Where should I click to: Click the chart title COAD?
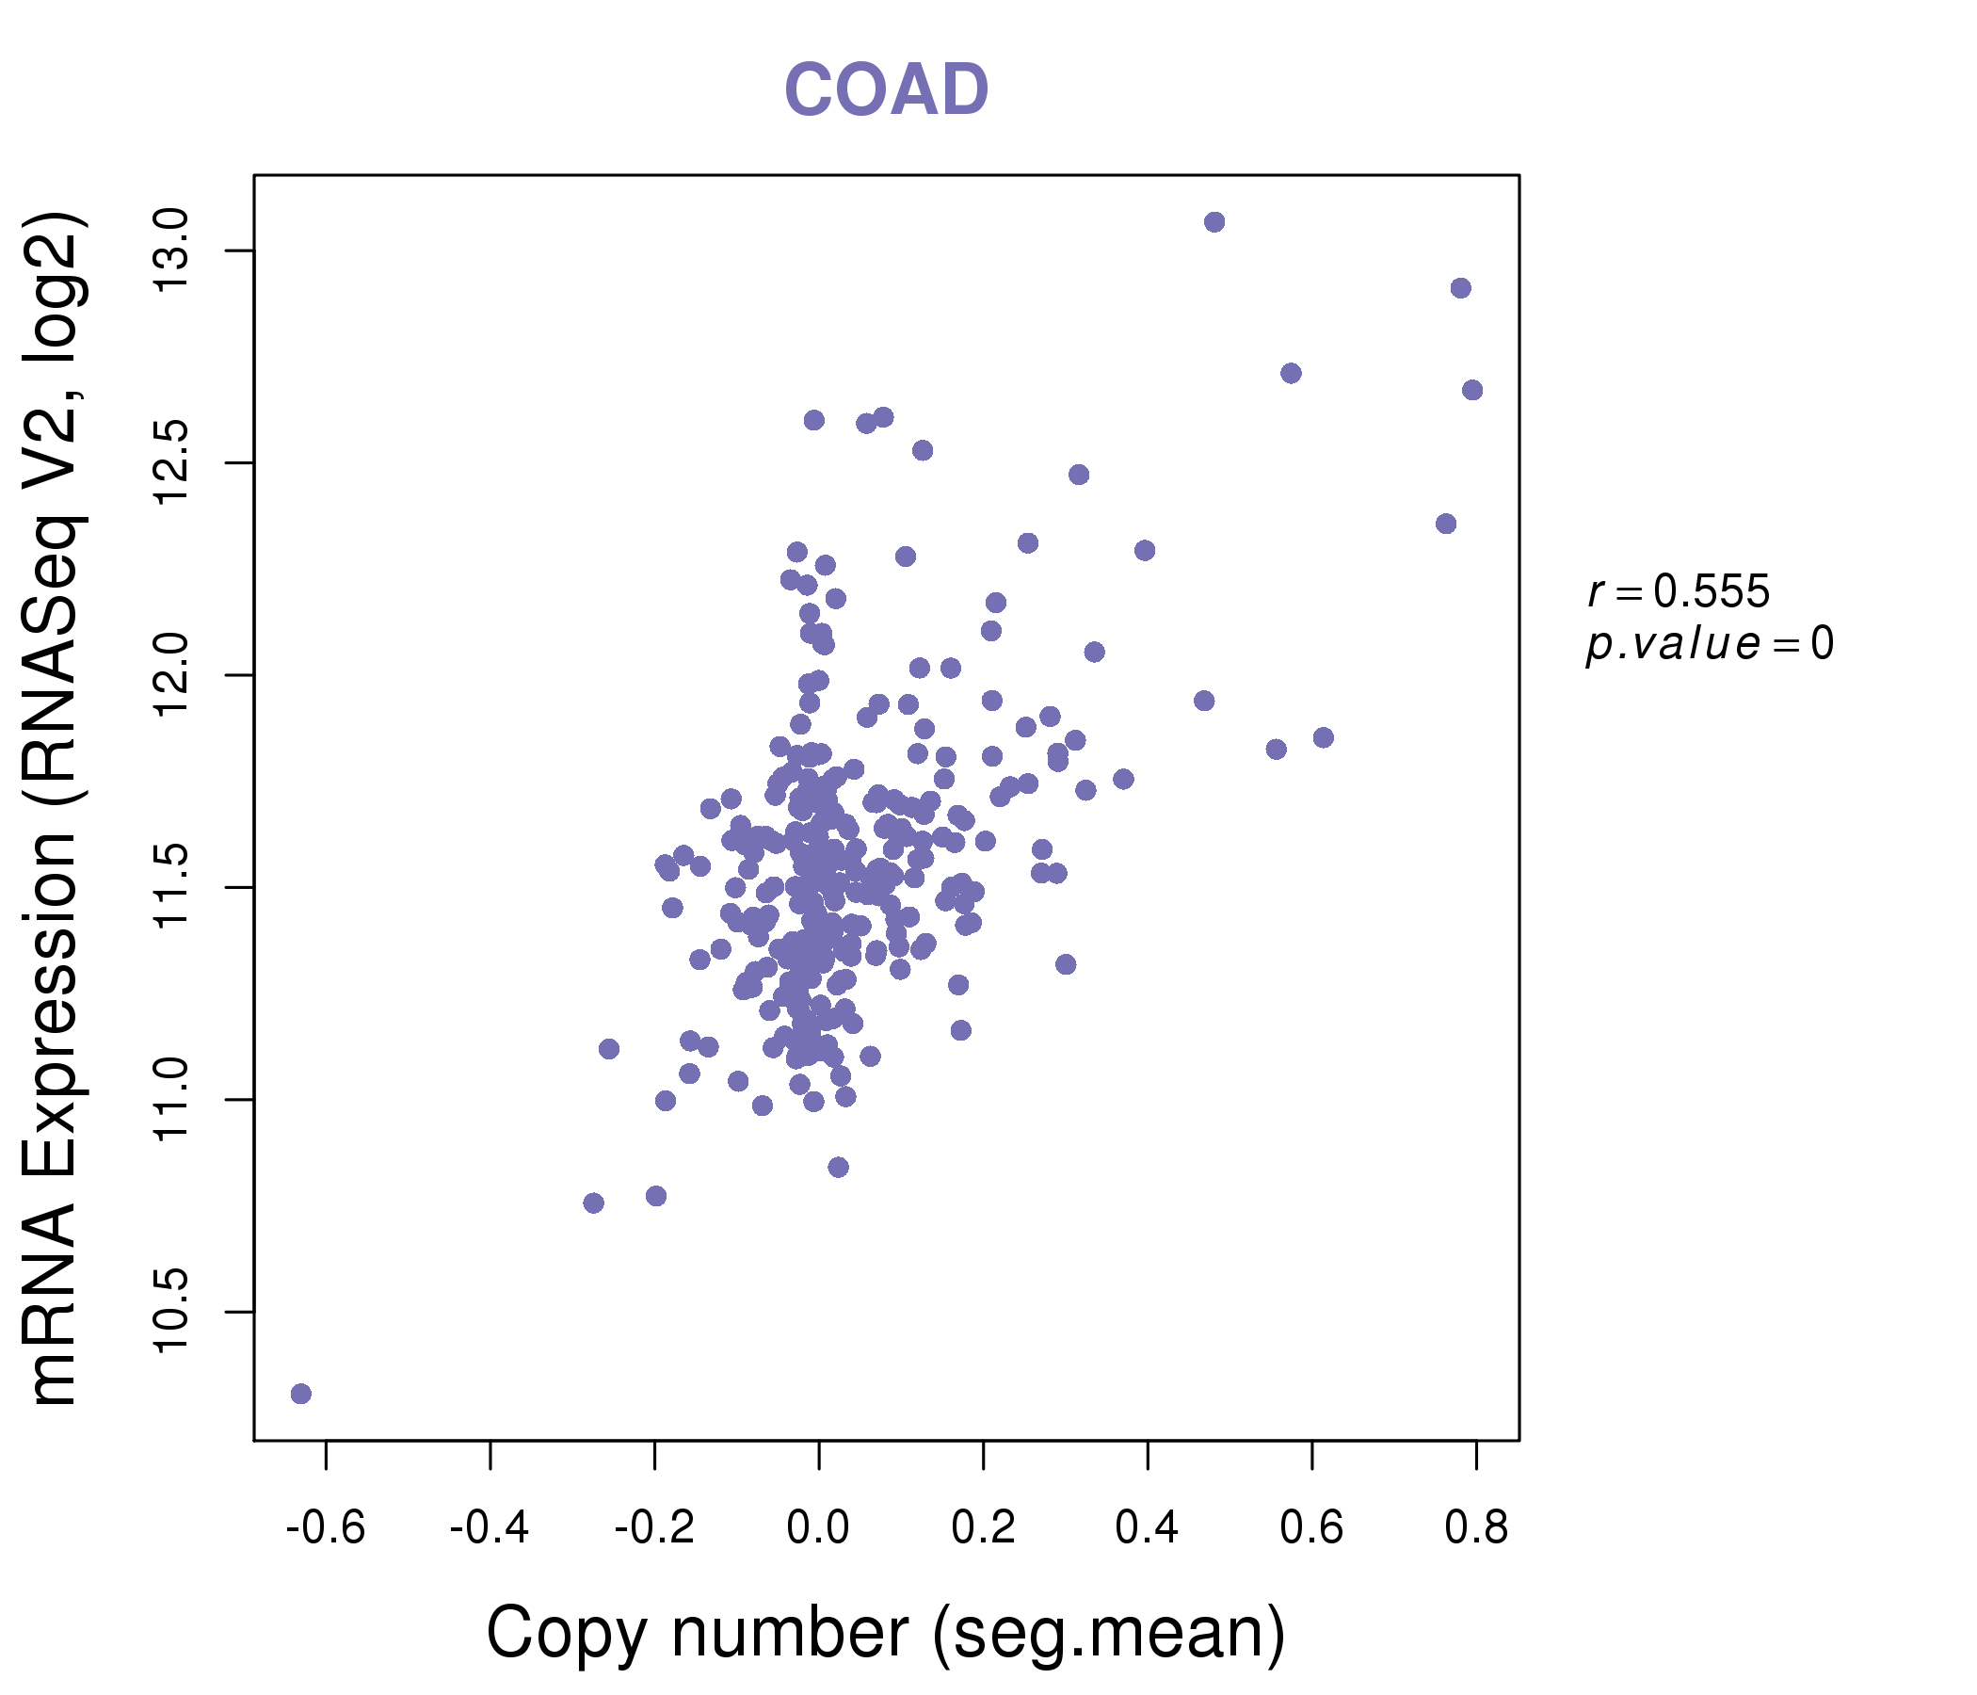coord(886,89)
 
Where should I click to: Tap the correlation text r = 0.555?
coord(1679,591)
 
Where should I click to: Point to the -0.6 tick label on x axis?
coord(326,1528)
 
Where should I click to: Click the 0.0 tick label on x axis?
coord(818,1528)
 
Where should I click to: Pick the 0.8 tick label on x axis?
coord(1476,1528)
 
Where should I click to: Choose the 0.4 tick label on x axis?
coord(1147,1528)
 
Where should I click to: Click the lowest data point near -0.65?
coord(300,1394)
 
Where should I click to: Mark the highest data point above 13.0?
coord(1214,222)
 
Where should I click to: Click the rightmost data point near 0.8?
coord(1472,390)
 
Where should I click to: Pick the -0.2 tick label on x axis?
coord(653,1528)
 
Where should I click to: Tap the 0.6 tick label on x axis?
coord(1311,1528)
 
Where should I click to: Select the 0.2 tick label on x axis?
coord(983,1528)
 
